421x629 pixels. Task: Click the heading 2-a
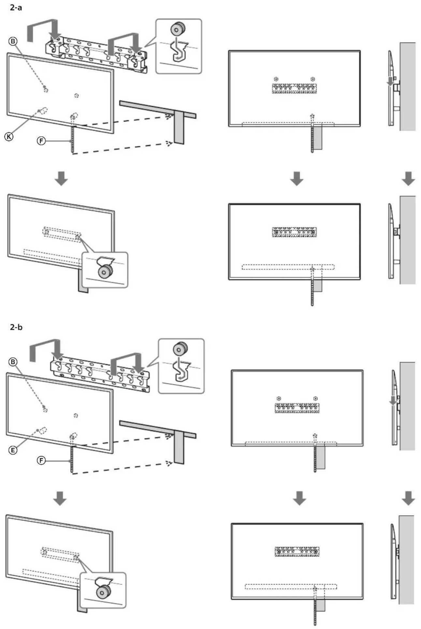pyautogui.click(x=16, y=7)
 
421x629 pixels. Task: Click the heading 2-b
pyautogui.click(x=16, y=327)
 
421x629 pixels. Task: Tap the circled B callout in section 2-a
pyautogui.click(x=13, y=41)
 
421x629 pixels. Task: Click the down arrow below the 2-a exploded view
pyautogui.click(x=61, y=179)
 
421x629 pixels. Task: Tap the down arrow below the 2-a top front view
pyautogui.click(x=297, y=179)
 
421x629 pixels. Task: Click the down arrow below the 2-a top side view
pyautogui.click(x=408, y=179)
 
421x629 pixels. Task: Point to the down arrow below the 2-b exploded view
pyautogui.click(x=60, y=499)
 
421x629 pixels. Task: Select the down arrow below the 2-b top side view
pyautogui.click(x=408, y=499)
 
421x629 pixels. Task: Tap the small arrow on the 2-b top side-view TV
pyautogui.click(x=393, y=401)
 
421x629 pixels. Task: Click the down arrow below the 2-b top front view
pyautogui.click(x=299, y=499)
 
